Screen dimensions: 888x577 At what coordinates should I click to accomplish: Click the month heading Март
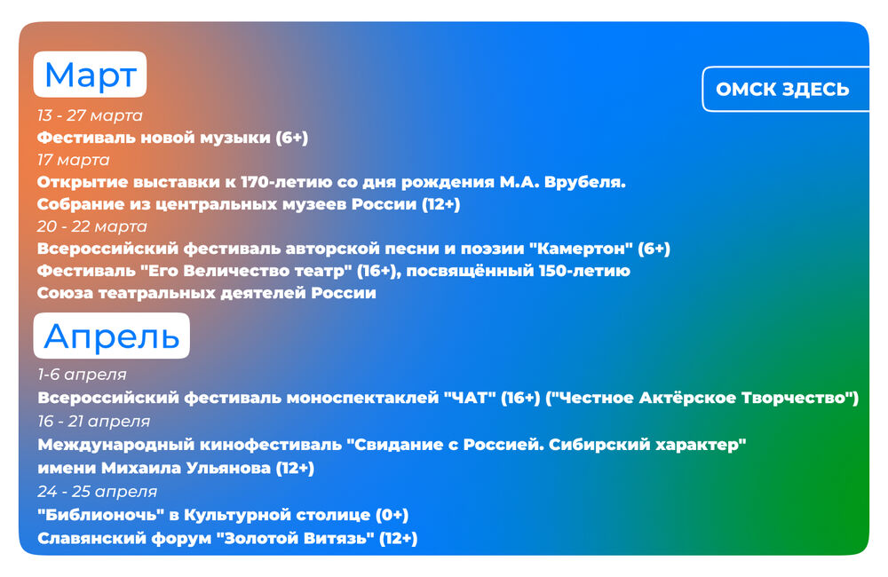click(90, 75)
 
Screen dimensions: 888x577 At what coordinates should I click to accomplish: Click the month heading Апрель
click(112, 336)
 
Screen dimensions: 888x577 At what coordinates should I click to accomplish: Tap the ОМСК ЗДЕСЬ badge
click(785, 90)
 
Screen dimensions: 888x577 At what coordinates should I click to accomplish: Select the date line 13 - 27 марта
click(90, 115)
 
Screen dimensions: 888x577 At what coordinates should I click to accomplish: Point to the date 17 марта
click(74, 161)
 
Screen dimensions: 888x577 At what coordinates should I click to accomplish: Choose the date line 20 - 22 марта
click(92, 226)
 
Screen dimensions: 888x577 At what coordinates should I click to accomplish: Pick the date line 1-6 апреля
click(82, 375)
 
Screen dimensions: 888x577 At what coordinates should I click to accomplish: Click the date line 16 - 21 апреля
click(94, 422)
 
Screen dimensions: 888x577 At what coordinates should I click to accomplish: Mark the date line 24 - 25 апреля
click(98, 492)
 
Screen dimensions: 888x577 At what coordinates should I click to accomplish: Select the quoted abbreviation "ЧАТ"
click(468, 398)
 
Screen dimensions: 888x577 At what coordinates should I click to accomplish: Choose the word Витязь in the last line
click(338, 538)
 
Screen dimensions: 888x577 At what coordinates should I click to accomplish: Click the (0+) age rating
click(392, 515)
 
